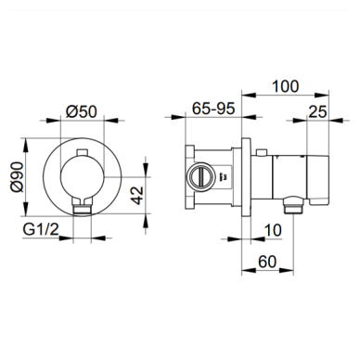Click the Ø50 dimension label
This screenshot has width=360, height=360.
82,111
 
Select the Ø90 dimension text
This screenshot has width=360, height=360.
17,177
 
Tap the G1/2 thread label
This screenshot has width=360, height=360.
41,229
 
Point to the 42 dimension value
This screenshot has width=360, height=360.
137,195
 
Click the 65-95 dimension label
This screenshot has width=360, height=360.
213,109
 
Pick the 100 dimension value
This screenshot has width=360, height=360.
285,86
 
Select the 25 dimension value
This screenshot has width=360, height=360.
317,111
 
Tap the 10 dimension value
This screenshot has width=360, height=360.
273,230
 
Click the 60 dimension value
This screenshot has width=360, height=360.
267,262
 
